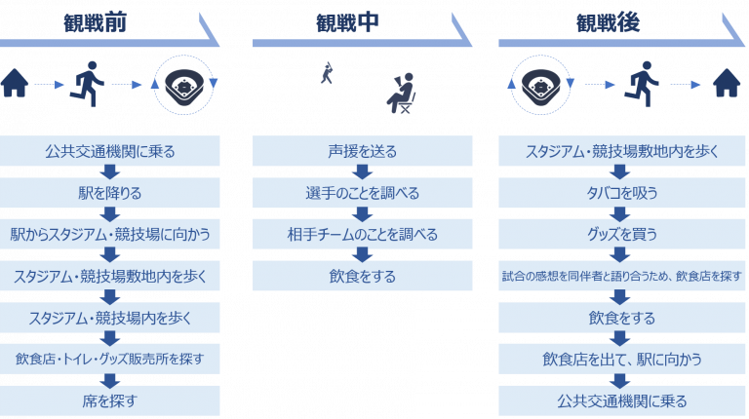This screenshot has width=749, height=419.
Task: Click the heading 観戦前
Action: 95,23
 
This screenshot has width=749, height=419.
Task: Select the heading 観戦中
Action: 347,23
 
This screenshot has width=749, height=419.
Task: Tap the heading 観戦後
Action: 608,23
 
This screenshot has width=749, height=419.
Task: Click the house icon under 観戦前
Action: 15,83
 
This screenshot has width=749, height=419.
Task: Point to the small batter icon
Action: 327,72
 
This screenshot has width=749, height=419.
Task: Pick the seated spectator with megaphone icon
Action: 401,94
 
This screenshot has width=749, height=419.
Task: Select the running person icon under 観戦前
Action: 87,84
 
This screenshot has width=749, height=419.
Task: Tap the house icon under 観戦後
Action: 727,83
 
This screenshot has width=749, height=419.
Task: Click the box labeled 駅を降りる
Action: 110,193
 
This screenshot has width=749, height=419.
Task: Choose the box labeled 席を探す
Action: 110,400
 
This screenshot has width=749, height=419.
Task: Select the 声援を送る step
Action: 362,151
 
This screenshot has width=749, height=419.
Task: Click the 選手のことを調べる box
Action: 362,193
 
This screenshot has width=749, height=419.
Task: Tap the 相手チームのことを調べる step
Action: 362,234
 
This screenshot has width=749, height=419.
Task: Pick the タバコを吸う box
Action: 621,193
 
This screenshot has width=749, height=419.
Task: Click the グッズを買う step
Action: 621,234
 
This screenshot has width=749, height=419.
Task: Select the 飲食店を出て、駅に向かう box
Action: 621,359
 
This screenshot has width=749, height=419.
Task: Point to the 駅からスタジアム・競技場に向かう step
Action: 110,234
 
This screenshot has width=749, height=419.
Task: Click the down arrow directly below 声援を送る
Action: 362,172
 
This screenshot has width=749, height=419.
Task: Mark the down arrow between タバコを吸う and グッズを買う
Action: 619,214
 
